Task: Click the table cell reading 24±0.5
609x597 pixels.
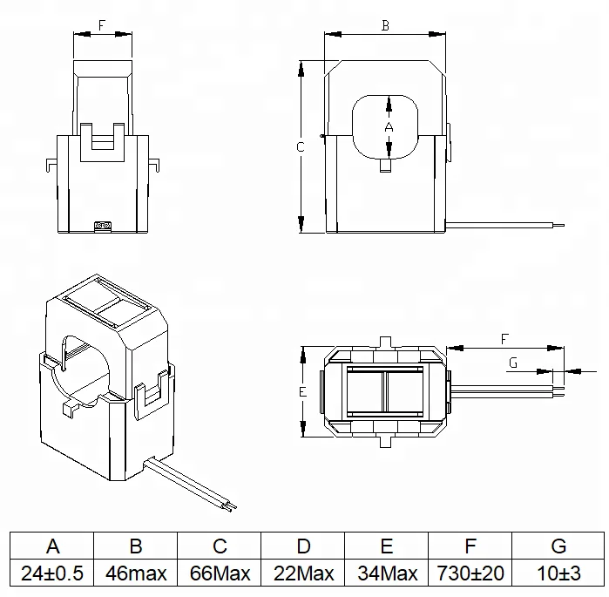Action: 51,574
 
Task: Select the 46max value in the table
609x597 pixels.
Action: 136,574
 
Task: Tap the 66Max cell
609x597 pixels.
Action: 220,574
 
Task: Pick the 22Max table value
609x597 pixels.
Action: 303,574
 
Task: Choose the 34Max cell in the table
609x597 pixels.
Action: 387,574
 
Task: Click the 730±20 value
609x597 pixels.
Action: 470,574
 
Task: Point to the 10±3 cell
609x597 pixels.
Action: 558,574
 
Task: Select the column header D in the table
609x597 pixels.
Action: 303,546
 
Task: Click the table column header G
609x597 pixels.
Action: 558,546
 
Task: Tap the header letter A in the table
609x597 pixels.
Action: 51,546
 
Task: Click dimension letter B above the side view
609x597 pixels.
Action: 385,26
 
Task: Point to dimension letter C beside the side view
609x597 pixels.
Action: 300,147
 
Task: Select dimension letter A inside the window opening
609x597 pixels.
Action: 389,127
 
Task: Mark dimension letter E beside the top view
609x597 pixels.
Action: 301,393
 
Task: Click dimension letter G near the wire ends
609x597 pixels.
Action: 513,363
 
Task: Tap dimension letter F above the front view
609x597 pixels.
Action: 102,26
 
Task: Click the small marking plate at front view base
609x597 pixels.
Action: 103,226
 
